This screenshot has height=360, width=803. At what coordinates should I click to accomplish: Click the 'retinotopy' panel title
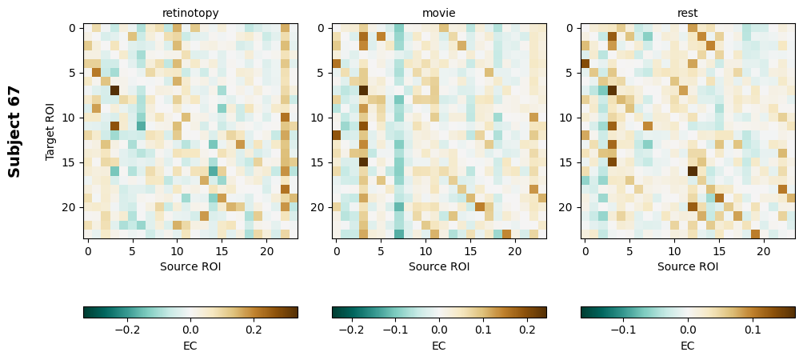190,13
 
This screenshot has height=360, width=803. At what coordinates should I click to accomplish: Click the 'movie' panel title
439,13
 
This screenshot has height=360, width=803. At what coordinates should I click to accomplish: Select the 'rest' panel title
688,13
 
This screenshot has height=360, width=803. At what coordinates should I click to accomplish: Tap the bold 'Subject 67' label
14,130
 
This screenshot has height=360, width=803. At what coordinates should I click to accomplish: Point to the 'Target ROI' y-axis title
50,130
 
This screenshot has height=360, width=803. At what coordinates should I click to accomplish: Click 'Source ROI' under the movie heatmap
439,266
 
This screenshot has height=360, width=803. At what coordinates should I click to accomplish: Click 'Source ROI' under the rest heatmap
688,266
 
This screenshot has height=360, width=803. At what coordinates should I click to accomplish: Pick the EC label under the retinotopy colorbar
190,346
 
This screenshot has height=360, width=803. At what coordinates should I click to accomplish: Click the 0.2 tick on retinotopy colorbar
254,329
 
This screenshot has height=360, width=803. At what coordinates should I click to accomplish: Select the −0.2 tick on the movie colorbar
348,329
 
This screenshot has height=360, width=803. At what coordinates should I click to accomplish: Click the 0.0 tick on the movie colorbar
439,329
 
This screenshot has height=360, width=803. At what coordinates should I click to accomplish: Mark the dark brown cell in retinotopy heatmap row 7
114,90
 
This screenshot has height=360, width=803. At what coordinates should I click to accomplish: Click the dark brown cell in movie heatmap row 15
363,162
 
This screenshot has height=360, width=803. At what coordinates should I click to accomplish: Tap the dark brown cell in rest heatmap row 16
692,170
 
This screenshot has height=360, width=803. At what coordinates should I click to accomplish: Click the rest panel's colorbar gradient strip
688,312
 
